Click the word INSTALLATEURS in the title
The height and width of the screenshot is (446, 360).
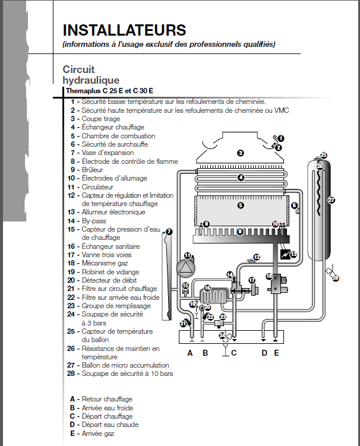[x=124, y=30]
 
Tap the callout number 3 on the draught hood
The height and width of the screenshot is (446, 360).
[x=240, y=153]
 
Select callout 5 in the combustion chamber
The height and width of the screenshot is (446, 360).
[x=240, y=205]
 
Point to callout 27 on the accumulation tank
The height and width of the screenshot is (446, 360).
[x=331, y=200]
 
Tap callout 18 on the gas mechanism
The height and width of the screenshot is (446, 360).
[x=269, y=276]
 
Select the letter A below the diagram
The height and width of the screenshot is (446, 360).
[x=190, y=353]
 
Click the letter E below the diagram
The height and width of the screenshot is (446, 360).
[x=276, y=353]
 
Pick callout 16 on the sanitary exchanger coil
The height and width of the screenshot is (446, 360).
[x=207, y=287]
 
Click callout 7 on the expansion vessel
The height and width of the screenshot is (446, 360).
[x=169, y=232]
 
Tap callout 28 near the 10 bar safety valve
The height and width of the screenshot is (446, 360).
[x=336, y=277]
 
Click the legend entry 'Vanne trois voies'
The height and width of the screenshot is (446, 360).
[x=106, y=255]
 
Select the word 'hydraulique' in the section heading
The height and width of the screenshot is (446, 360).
[x=91, y=80]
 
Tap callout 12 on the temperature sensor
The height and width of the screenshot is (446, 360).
[x=257, y=257]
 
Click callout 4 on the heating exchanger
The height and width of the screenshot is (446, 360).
[x=240, y=177]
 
